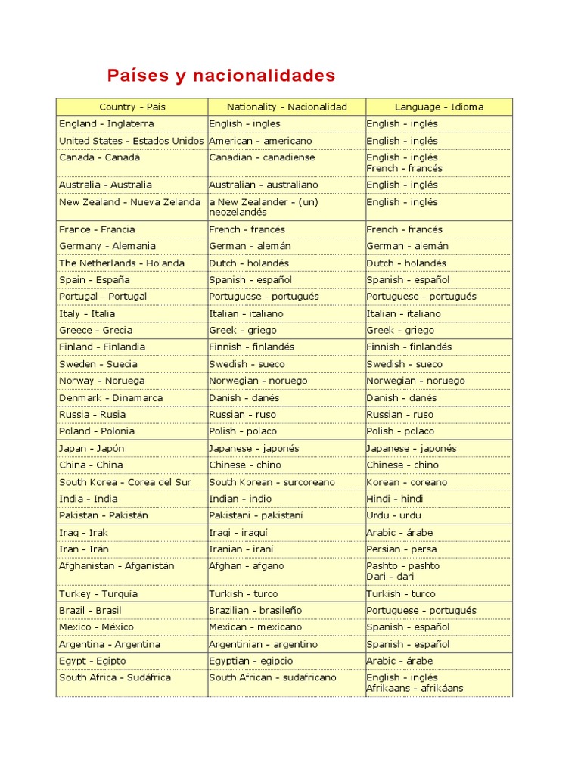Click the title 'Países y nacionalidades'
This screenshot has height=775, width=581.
[221, 76]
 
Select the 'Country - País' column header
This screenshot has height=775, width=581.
[132, 107]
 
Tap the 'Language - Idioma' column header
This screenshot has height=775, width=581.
[439, 107]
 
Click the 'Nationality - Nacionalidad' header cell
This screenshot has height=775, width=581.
[287, 107]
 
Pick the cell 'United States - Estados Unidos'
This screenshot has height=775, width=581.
[132, 141]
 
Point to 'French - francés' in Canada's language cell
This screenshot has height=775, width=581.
[405, 168]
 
